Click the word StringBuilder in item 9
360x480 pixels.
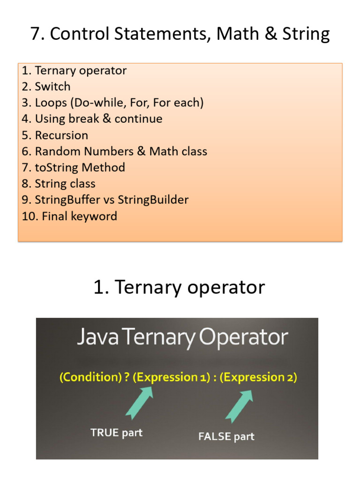click(153, 200)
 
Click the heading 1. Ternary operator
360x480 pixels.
click(179, 287)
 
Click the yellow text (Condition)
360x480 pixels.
click(86, 377)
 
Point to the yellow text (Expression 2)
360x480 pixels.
click(258, 377)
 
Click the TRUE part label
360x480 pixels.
click(116, 433)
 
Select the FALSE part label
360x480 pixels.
click(226, 436)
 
